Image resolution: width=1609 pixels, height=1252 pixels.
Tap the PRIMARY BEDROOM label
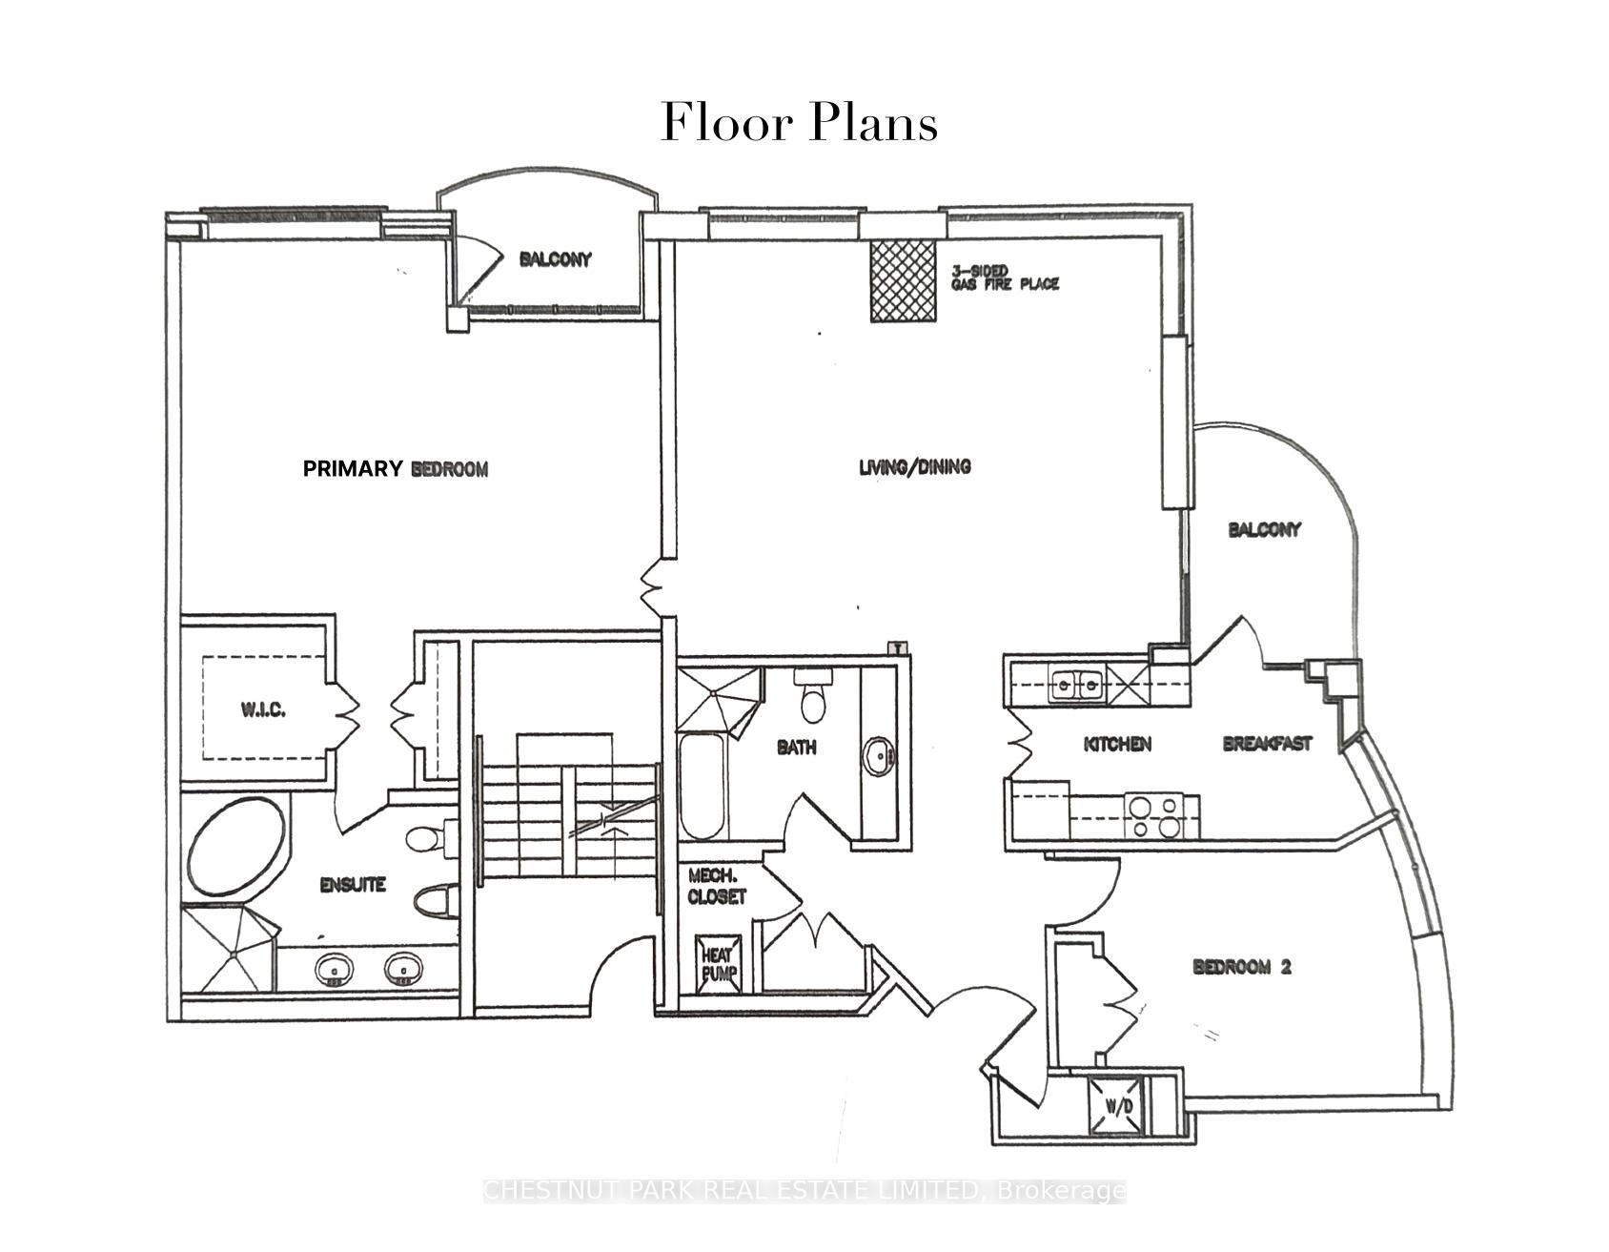pyautogui.click(x=395, y=468)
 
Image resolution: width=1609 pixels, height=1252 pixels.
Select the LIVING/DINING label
pyautogui.click(x=914, y=466)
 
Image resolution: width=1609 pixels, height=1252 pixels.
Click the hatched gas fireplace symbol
pyautogui.click(x=902, y=280)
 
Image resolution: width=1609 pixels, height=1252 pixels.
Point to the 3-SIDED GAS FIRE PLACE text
pyautogui.click(x=1005, y=278)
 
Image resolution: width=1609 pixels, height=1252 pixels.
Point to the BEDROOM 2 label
pyautogui.click(x=1241, y=967)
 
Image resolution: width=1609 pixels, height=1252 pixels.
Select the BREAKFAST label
pyautogui.click(x=1267, y=743)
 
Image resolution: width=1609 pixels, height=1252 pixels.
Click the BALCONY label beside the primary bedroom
pyautogui.click(x=555, y=259)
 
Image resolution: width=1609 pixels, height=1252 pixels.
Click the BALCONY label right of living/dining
pyautogui.click(x=1264, y=529)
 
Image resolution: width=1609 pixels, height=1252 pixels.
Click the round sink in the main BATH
pyautogui.click(x=878, y=757)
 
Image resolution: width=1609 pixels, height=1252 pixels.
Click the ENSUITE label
pyautogui.click(x=352, y=885)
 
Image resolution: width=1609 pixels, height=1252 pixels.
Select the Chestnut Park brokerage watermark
pyautogui.click(x=804, y=1191)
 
